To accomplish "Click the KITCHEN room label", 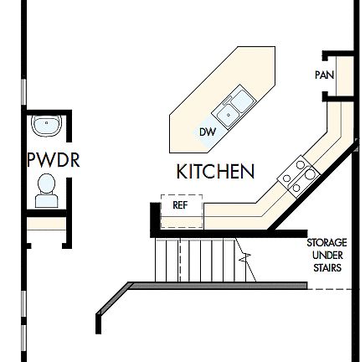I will pyautogui.click(x=215, y=172).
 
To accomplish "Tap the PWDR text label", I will pyautogui.click(x=53, y=160).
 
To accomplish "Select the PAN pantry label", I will pyautogui.click(x=324, y=75).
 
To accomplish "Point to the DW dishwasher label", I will pyautogui.click(x=208, y=132).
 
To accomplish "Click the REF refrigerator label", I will pyautogui.click(x=180, y=204).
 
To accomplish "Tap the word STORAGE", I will pyautogui.click(x=327, y=243).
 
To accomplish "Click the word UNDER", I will pyautogui.click(x=327, y=256).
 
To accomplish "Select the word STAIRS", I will pyautogui.click(x=327, y=268).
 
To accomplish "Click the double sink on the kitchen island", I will pyautogui.click(x=234, y=106).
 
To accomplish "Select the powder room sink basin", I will pyautogui.click(x=46, y=127).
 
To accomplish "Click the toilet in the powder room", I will pyautogui.click(x=46, y=189).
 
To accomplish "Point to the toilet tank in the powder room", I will pyautogui.click(x=46, y=201).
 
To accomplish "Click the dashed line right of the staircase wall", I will pyautogui.click(x=331, y=290).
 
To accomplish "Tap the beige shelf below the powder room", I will pyautogui.click(x=47, y=224).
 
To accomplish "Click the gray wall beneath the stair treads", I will pyautogui.click(x=218, y=286).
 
